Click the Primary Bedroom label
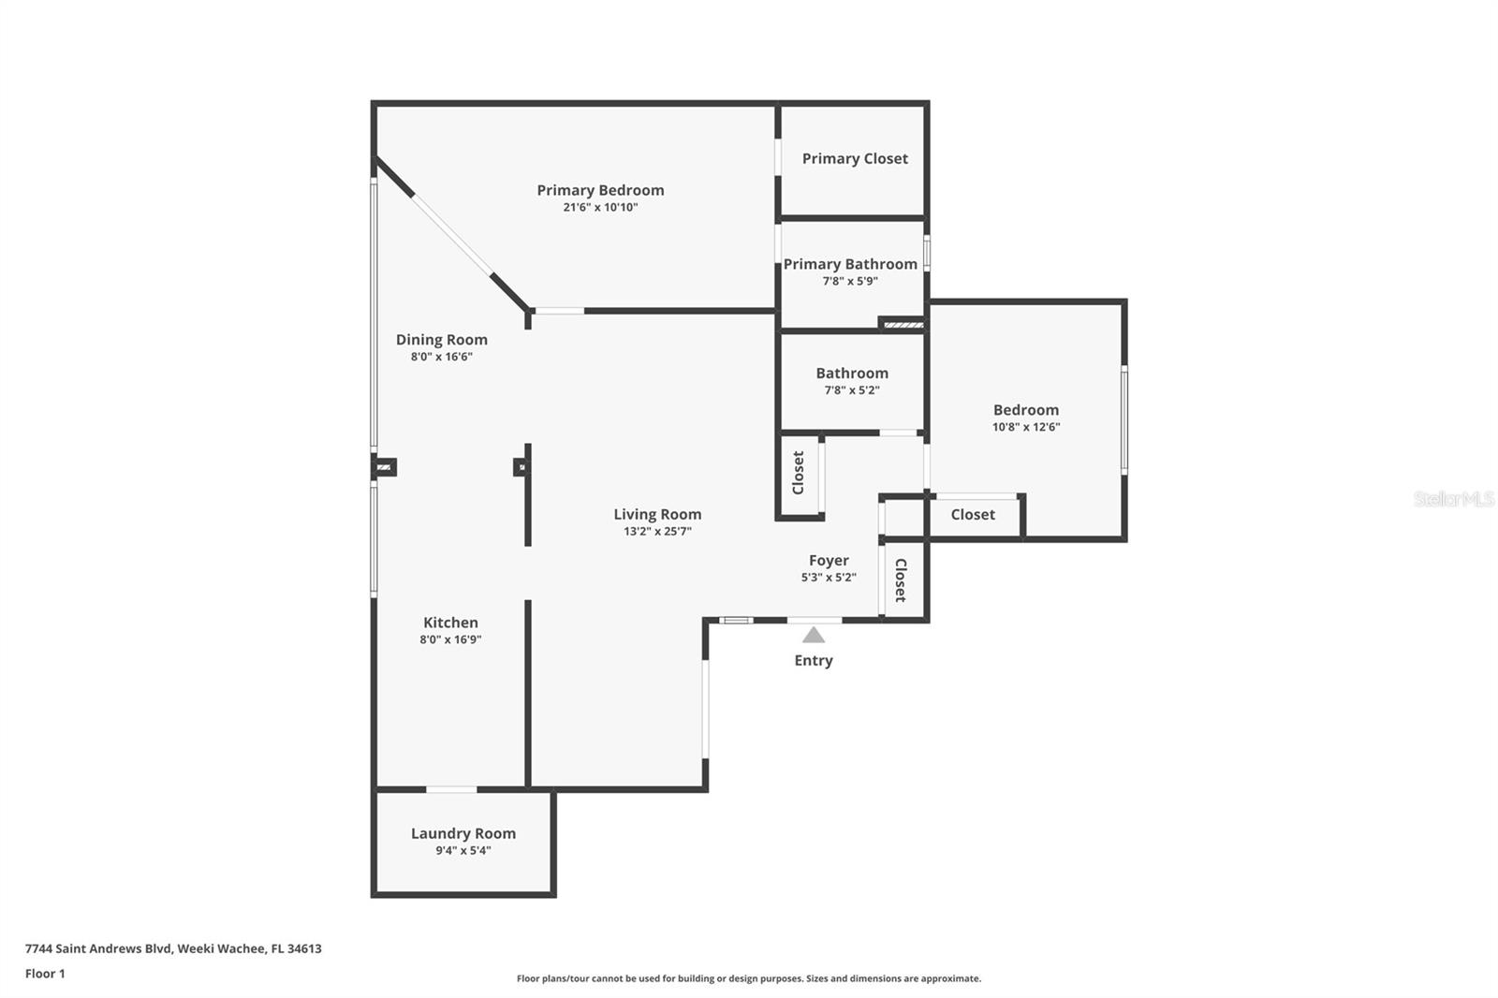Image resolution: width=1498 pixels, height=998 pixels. click(600, 190)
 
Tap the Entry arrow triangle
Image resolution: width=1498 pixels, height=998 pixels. click(814, 636)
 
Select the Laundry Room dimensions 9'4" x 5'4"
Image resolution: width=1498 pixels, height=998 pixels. click(463, 851)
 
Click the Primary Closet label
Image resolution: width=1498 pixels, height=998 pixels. click(855, 159)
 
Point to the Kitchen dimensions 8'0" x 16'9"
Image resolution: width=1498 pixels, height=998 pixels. click(450, 639)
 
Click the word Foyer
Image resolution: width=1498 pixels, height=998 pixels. click(829, 561)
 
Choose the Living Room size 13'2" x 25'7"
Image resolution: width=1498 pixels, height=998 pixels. click(657, 532)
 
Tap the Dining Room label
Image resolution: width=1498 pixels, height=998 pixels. click(441, 340)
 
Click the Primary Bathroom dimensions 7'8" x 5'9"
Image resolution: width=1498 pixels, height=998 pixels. click(850, 281)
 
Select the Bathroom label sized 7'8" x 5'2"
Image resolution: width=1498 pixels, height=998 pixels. click(851, 374)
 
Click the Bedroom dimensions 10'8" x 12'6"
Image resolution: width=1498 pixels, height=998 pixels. click(1026, 427)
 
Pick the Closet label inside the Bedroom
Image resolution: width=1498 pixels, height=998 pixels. click(973, 515)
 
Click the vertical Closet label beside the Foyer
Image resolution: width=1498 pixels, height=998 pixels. click(901, 580)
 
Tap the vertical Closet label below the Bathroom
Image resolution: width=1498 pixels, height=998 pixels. click(799, 473)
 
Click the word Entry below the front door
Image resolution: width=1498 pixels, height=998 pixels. click(814, 661)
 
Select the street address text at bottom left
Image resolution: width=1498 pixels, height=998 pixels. click(173, 948)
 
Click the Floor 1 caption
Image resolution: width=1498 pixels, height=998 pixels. click(45, 974)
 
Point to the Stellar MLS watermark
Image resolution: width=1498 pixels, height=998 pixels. click(1453, 499)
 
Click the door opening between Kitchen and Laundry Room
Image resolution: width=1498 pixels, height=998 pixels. click(451, 790)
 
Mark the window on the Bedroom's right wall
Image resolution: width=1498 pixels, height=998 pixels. click(1124, 419)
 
